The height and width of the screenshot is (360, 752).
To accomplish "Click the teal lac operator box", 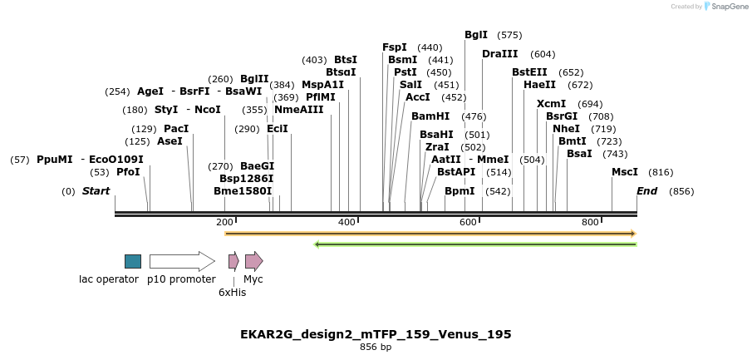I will click(x=133, y=261).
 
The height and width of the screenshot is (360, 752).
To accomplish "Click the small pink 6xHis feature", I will click(x=233, y=261).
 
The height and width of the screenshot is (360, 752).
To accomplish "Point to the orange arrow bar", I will click(x=430, y=234).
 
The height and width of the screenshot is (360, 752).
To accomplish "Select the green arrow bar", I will click(x=475, y=244).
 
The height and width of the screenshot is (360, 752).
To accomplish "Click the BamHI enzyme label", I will click(x=430, y=116).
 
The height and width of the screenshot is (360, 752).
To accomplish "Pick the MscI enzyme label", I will click(x=625, y=172).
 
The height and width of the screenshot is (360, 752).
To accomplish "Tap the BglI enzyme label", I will click(x=476, y=35).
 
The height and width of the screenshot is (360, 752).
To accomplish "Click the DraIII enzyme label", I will click(x=499, y=54).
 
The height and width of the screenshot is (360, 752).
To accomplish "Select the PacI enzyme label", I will click(x=176, y=129).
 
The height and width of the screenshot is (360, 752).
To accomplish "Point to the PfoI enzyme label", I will click(x=128, y=172).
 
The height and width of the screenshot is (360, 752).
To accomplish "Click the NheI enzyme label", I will click(x=566, y=129).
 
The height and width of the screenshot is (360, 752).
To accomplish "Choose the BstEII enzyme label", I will click(x=529, y=72).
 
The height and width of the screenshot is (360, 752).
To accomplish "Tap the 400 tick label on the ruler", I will click(x=347, y=222).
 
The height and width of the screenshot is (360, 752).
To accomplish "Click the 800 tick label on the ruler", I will click(x=590, y=222).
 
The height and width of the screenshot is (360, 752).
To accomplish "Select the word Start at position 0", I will click(x=96, y=191).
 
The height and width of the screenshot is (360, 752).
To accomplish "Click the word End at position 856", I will click(x=647, y=191).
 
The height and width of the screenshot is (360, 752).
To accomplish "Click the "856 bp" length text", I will click(x=376, y=348).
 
